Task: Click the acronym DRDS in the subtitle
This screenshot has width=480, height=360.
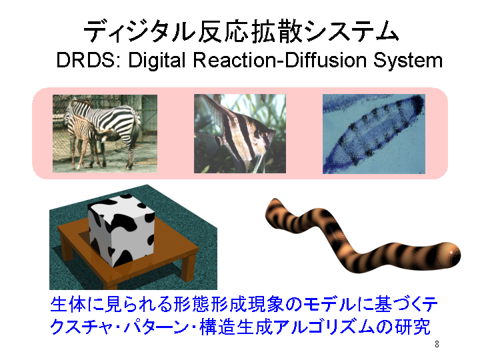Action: (x=86, y=60)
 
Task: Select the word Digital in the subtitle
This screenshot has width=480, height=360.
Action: (x=157, y=61)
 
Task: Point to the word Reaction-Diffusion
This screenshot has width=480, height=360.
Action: (x=280, y=60)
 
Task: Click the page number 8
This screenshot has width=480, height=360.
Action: (x=437, y=345)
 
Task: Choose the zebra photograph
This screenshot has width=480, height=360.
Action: (x=105, y=133)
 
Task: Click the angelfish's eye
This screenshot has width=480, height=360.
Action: (x=264, y=135)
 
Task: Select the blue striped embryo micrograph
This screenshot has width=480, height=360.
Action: (x=374, y=134)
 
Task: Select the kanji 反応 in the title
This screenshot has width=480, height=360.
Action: (x=223, y=31)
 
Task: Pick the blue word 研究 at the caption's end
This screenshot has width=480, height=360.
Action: (x=413, y=327)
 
